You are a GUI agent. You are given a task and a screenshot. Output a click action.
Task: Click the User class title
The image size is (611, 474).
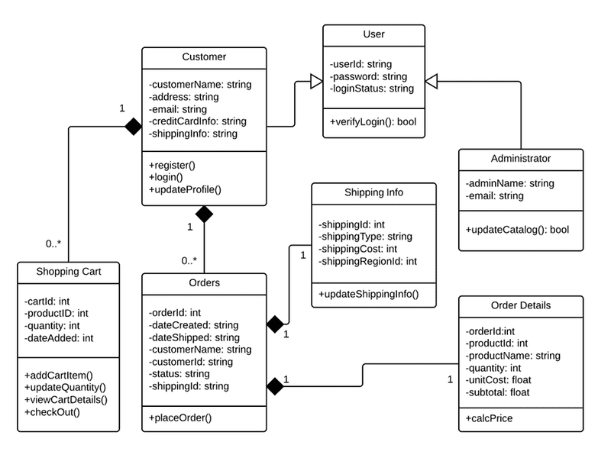point(373,34)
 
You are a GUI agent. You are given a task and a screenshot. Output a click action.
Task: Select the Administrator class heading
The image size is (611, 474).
point(520,159)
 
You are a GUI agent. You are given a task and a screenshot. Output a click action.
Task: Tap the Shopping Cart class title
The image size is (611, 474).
point(68,272)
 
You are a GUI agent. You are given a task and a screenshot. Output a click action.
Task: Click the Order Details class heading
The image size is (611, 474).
point(520,306)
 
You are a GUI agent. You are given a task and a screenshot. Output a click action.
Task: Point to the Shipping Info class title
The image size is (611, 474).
point(373,192)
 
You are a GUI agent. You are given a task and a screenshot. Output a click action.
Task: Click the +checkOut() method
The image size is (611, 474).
point(52,412)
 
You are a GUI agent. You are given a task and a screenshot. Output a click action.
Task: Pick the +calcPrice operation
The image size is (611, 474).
point(489,418)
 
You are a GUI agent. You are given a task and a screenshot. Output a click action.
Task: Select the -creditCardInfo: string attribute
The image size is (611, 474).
point(198,121)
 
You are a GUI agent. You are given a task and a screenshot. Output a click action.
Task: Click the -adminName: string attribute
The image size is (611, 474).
point(509,184)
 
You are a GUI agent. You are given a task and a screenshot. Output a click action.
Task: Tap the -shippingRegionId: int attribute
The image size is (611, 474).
point(367,261)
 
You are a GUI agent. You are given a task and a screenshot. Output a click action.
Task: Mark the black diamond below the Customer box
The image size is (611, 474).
point(204,214)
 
